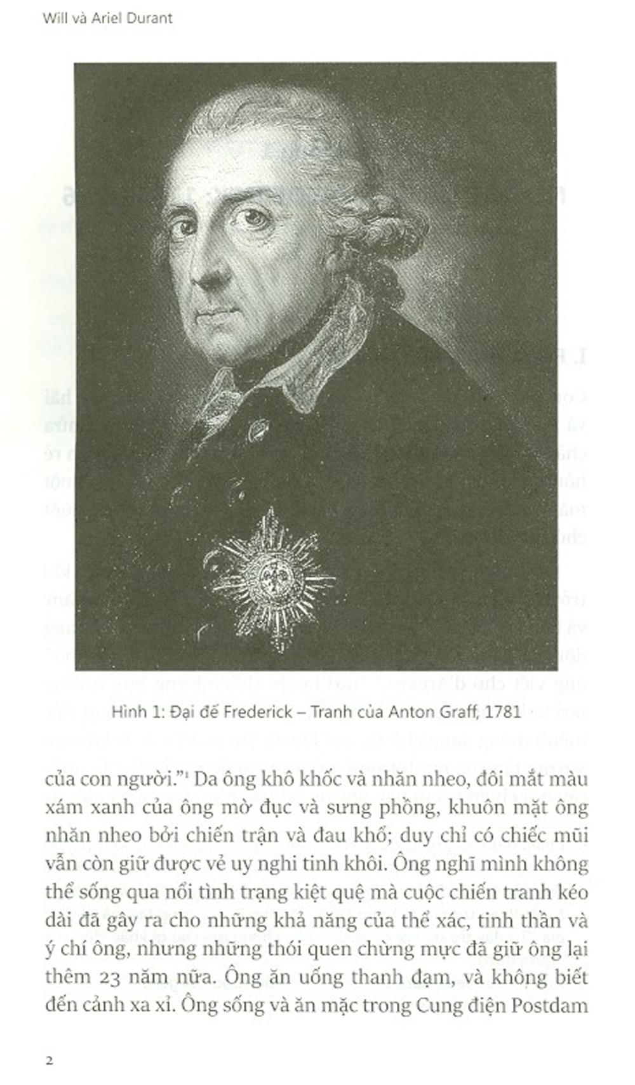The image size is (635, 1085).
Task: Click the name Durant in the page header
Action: (149, 18)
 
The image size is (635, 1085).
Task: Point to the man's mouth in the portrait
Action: (216, 313)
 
